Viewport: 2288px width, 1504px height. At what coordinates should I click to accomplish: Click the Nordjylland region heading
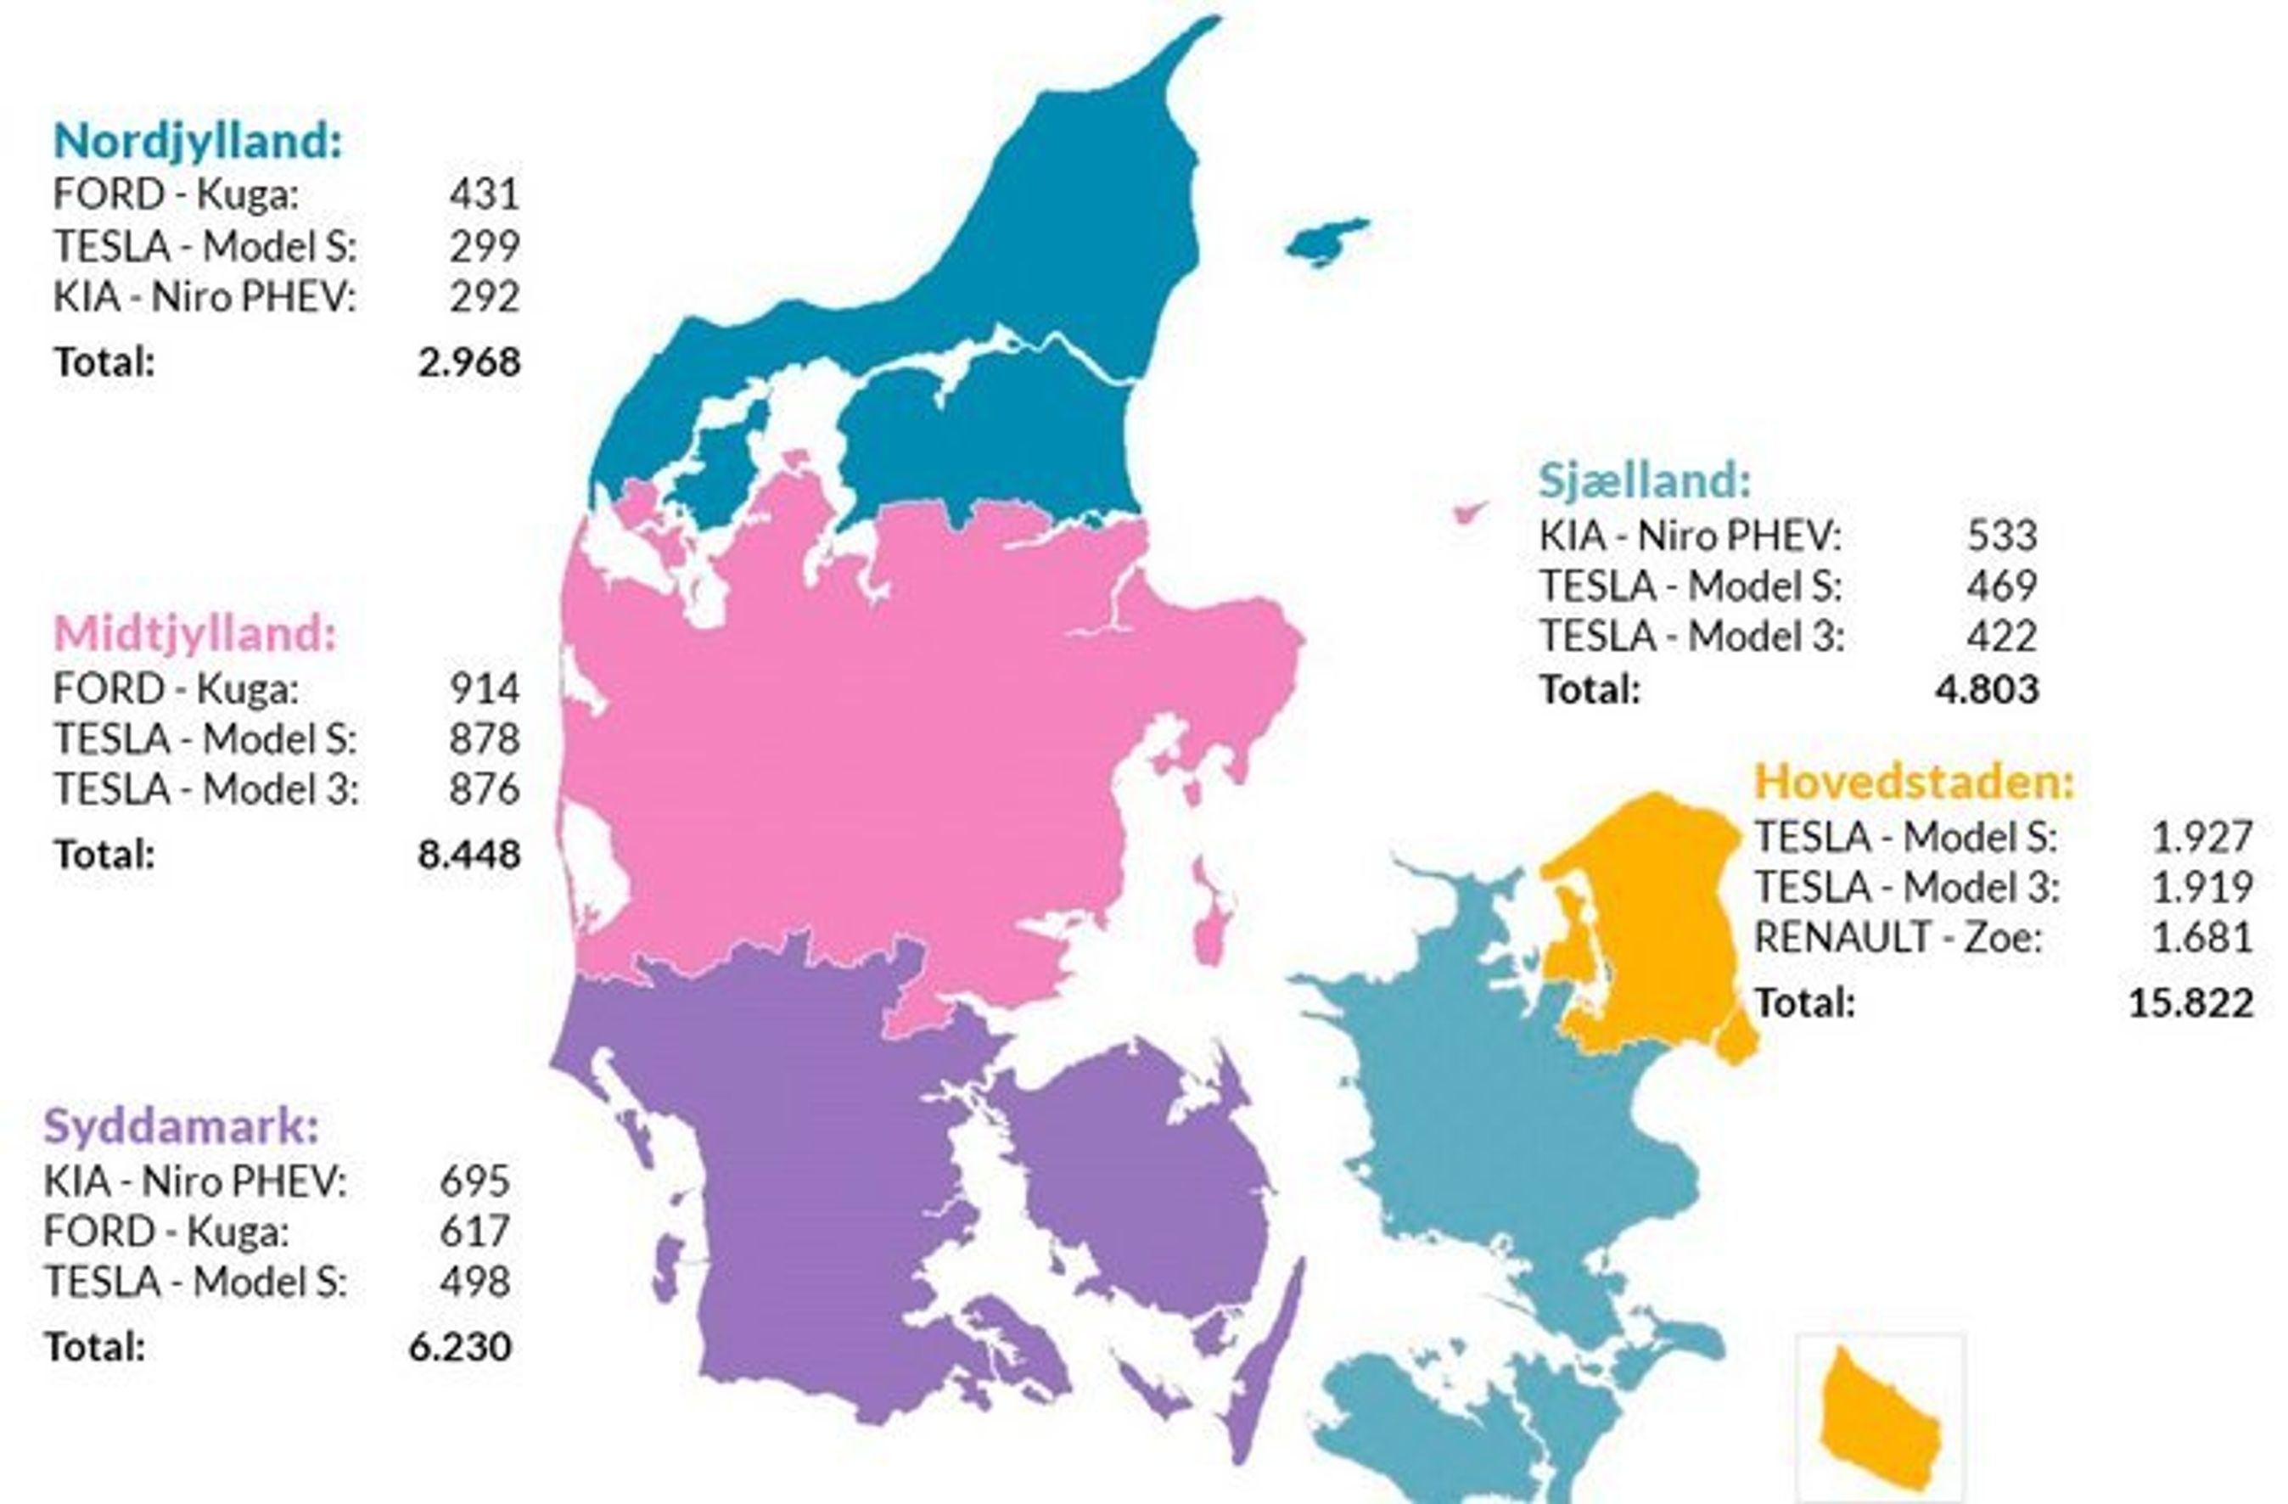198,142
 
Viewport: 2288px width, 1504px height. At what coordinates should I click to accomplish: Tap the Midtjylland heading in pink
195,634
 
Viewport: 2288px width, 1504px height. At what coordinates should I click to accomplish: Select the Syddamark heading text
181,1126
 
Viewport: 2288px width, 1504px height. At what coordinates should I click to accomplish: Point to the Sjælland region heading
1645,480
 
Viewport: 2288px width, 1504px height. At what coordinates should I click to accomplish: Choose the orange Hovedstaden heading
1914,782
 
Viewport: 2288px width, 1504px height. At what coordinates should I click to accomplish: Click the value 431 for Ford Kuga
485,194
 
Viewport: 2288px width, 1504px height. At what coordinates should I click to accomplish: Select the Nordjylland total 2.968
469,362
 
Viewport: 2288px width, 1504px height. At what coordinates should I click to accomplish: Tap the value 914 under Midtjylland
485,688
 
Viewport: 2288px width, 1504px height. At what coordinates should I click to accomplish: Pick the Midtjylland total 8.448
469,855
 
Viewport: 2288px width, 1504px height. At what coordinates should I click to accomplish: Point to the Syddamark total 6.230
459,1347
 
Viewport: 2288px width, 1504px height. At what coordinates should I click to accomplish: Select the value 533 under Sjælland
2003,536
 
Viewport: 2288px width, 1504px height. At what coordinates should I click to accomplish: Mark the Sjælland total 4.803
1986,689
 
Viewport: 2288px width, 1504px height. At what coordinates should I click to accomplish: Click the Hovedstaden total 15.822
2190,1003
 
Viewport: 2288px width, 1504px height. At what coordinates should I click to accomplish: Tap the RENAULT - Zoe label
1898,937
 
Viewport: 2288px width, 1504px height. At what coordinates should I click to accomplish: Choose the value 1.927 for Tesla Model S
2201,837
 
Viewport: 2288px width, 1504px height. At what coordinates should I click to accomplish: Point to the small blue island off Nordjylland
1327,241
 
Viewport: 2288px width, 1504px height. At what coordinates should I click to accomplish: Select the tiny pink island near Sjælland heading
1469,511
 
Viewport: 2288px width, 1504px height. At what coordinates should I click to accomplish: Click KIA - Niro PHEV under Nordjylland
204,297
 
